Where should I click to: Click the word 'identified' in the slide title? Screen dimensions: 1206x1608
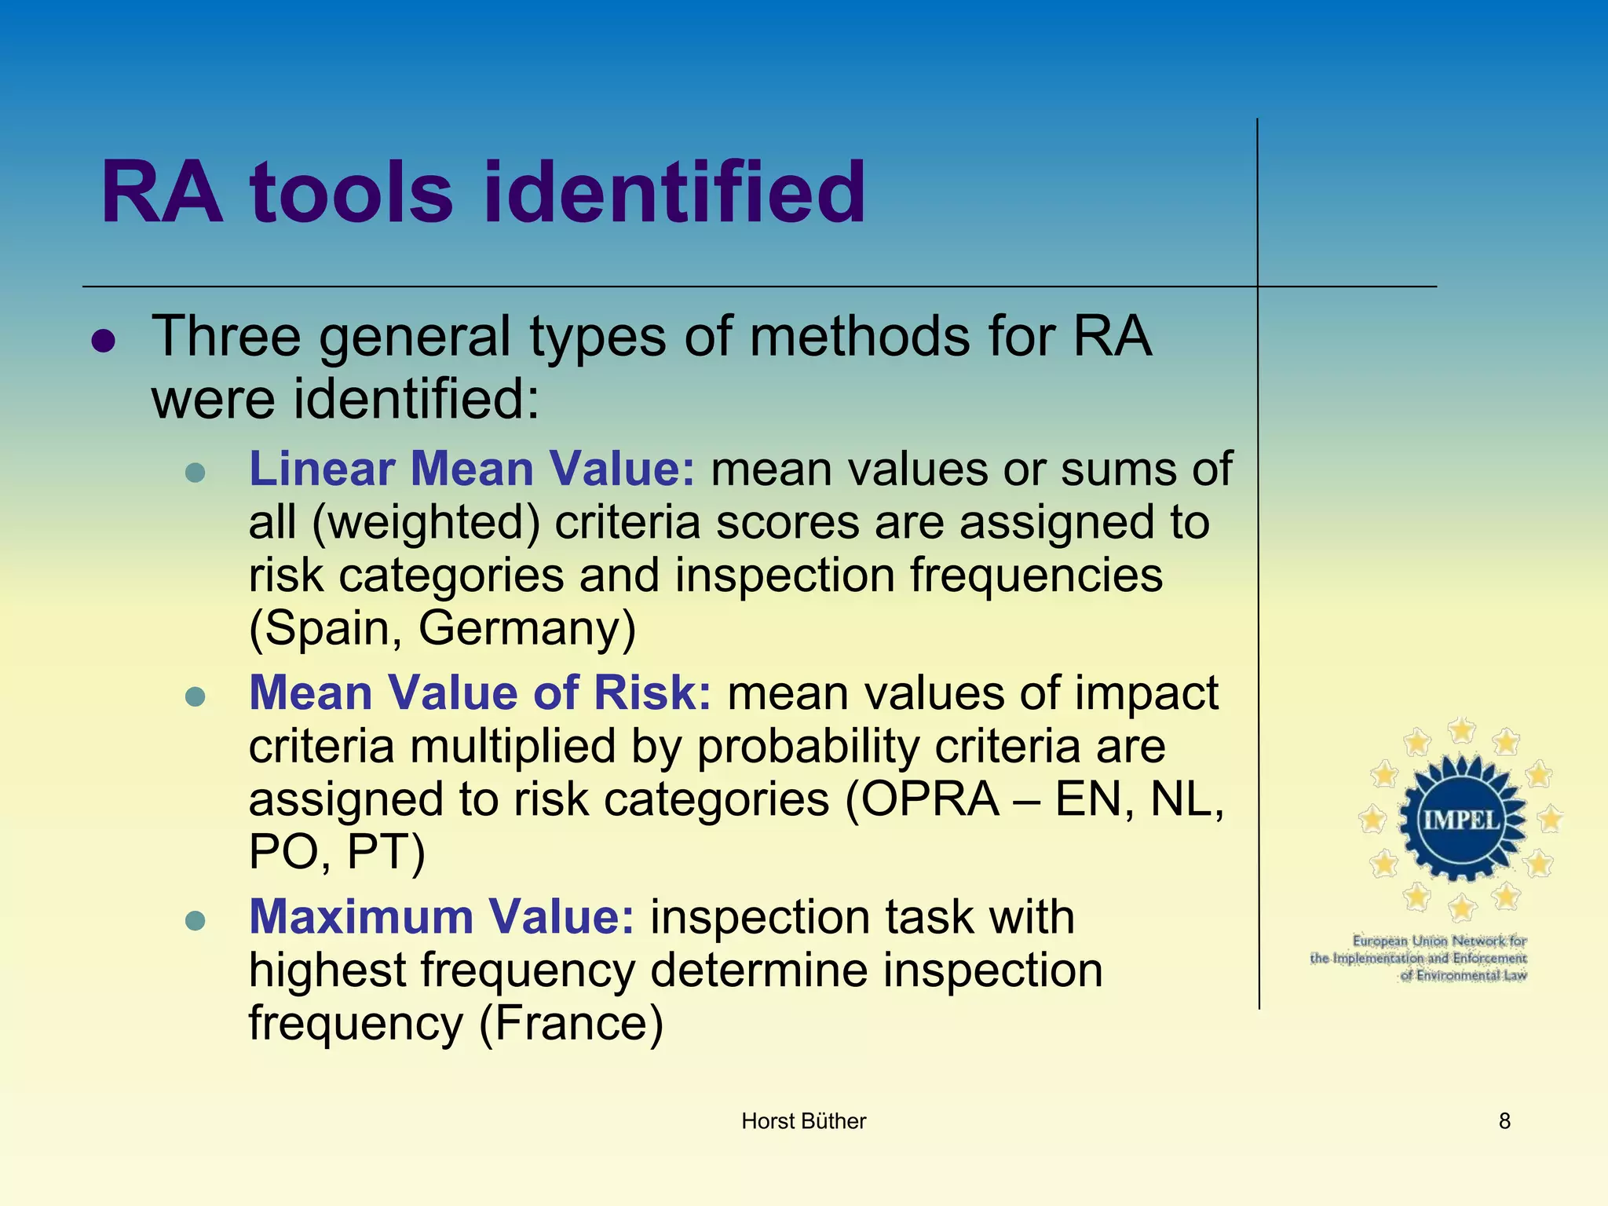point(674,192)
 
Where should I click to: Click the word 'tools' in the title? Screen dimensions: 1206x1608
point(351,192)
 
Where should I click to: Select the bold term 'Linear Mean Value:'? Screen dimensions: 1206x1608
point(472,469)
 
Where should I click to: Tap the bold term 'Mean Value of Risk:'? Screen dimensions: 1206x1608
point(480,693)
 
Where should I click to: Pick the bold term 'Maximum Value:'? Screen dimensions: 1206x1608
point(441,916)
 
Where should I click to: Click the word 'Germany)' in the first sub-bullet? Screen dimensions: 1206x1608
point(527,628)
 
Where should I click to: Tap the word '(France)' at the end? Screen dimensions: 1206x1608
point(571,1023)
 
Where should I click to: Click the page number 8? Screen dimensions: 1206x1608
point(1504,1121)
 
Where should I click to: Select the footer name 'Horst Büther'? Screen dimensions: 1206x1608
point(803,1121)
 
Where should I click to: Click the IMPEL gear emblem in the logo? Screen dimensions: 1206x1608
point(1461,820)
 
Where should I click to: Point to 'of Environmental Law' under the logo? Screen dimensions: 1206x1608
point(1464,976)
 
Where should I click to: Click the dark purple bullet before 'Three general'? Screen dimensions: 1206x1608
point(104,341)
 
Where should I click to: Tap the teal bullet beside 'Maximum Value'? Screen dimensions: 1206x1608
point(195,919)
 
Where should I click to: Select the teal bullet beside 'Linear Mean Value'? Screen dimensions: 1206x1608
point(195,472)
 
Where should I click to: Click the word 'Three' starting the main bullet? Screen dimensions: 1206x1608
point(226,336)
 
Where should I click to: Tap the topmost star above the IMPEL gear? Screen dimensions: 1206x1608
point(1461,730)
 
